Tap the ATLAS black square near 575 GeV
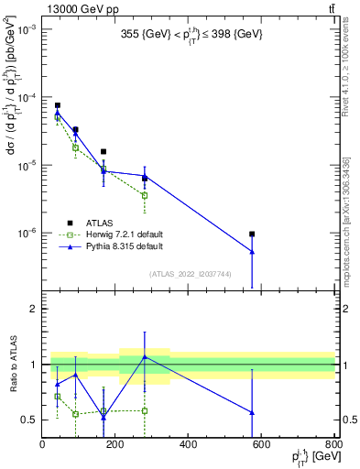252,234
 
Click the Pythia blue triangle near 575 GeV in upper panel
252,252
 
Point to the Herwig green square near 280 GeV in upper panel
145,195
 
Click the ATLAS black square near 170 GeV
104,151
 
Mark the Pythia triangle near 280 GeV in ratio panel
145,356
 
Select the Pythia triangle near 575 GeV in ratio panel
252,412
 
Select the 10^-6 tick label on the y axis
26,233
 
